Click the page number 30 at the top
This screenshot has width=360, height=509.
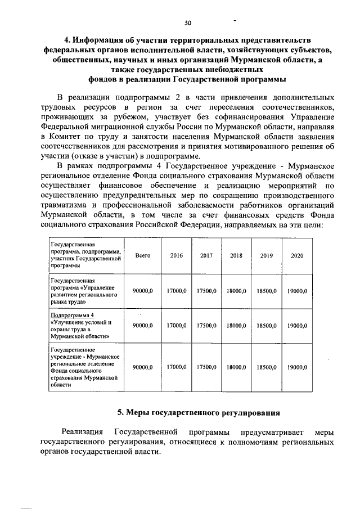(x=187, y=22)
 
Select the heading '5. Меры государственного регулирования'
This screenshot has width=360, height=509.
(x=199, y=412)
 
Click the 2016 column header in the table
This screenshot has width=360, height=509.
(x=176, y=255)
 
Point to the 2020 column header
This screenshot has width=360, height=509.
(x=296, y=255)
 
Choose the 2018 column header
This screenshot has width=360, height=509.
(x=236, y=255)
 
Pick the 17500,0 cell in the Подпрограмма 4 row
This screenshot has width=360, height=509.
(x=206, y=326)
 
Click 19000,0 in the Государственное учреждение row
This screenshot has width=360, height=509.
(x=296, y=367)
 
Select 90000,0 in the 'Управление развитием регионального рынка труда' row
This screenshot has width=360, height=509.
(x=143, y=290)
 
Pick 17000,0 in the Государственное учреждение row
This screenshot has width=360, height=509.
(x=176, y=367)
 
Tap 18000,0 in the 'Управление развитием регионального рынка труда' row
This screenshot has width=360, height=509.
(x=236, y=290)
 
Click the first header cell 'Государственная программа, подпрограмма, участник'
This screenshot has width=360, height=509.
(x=85, y=255)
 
